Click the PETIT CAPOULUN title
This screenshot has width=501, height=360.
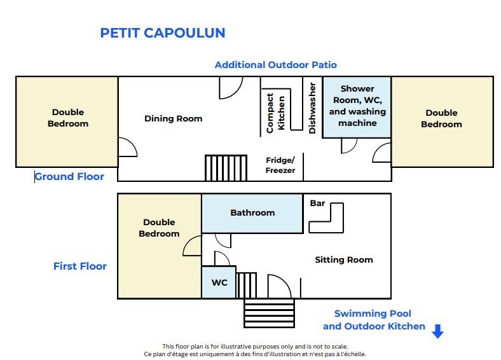pos(163,33)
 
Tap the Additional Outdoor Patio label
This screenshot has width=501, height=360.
pos(275,65)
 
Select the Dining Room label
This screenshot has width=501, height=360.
pos(173,118)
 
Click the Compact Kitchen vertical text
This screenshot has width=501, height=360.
pos(275,113)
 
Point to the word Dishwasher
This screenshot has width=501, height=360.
pos(312,108)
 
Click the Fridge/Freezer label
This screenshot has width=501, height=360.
pos(280,165)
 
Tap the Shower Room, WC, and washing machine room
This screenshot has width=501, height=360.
pos(357,107)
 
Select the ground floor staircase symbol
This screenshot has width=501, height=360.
pos(226,168)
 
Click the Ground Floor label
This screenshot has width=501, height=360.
pos(69,176)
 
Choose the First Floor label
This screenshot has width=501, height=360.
pos(80,266)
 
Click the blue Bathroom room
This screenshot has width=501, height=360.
pos(252,213)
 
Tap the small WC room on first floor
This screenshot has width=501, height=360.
pos(219,282)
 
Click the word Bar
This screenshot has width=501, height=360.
pos(317,204)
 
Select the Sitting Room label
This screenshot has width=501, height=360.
pos(344,260)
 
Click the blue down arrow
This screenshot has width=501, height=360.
pos(437,331)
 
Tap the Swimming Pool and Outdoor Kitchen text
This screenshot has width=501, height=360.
pos(374,320)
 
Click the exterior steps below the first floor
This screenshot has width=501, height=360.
pos(269,313)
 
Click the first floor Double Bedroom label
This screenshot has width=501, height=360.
pos(159,228)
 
